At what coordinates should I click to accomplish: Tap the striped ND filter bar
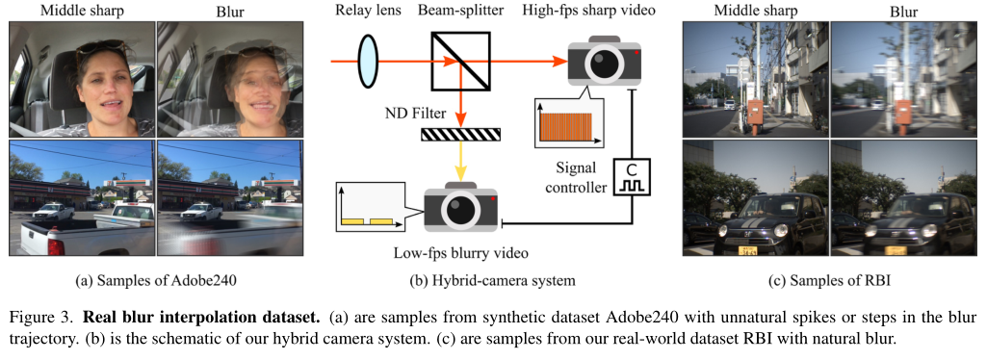[459, 134]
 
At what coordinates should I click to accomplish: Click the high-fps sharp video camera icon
[604, 62]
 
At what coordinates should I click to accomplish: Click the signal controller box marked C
[636, 176]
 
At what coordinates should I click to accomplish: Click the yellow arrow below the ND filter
[459, 159]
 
